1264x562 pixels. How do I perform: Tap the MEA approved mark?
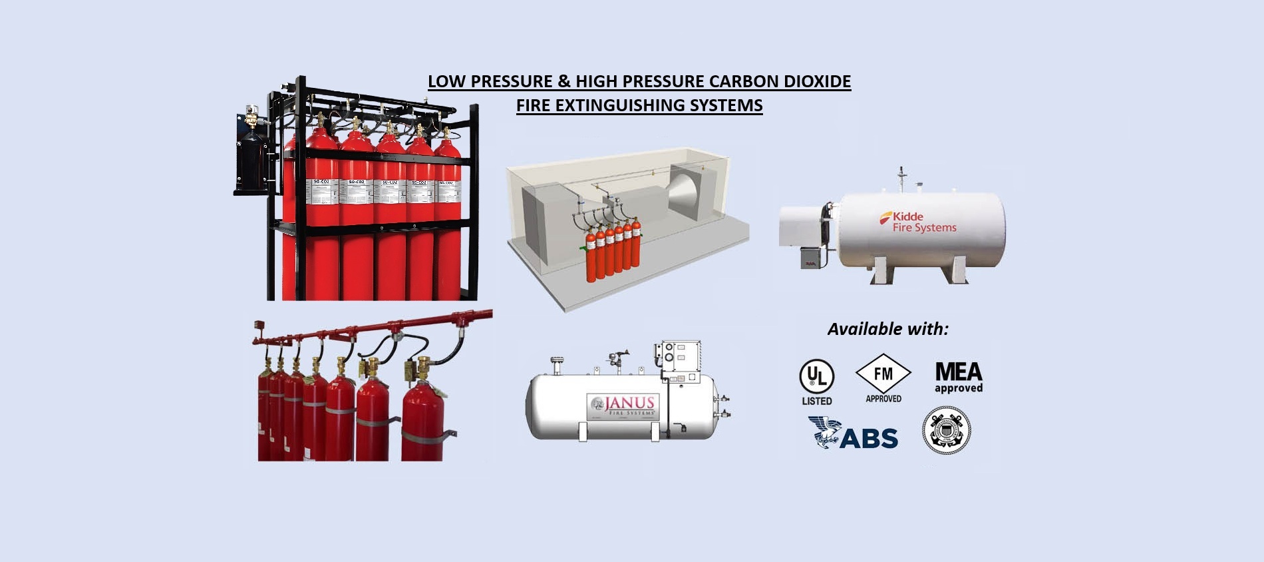[x=958, y=378]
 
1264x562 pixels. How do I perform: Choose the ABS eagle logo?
[x=853, y=433]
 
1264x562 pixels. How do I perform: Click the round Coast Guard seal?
[x=946, y=431]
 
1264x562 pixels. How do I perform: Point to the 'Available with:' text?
[x=887, y=329]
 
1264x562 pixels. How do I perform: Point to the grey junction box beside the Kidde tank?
[x=810, y=257]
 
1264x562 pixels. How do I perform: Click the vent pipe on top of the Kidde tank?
[x=901, y=178]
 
